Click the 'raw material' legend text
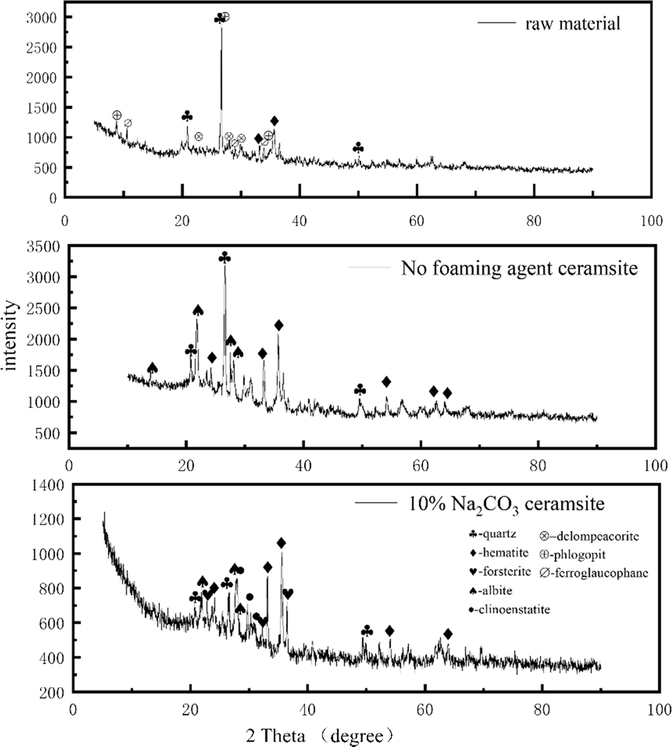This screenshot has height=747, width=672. tap(573, 24)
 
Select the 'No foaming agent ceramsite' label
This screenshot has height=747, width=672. tap(519, 268)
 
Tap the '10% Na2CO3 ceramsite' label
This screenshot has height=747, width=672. tap(506, 504)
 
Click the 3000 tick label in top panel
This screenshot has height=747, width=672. tap(41, 18)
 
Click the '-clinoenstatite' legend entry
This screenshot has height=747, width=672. tap(509, 609)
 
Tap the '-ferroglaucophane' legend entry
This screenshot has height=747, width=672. tap(594, 573)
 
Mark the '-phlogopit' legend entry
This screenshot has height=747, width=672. tap(573, 554)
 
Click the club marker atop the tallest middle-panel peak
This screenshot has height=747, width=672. tap(224, 257)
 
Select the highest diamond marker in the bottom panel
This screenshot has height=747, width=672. tap(281, 543)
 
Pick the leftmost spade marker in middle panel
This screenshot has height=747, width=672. tap(153, 368)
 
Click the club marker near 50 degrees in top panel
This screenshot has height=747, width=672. tap(358, 148)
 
